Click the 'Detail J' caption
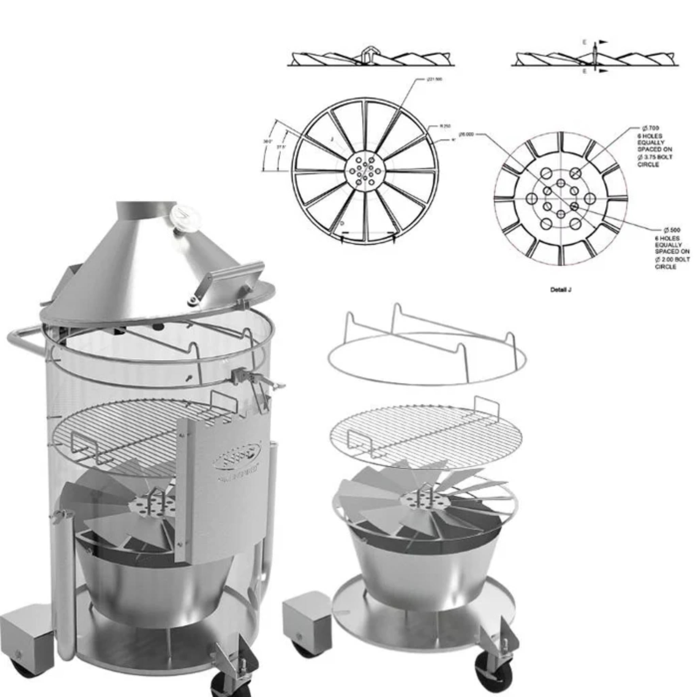coord(560,290)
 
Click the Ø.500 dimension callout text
coord(672,230)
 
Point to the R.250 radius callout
coord(445,126)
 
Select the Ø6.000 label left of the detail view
coord(466,134)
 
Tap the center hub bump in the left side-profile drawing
coord(368,53)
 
